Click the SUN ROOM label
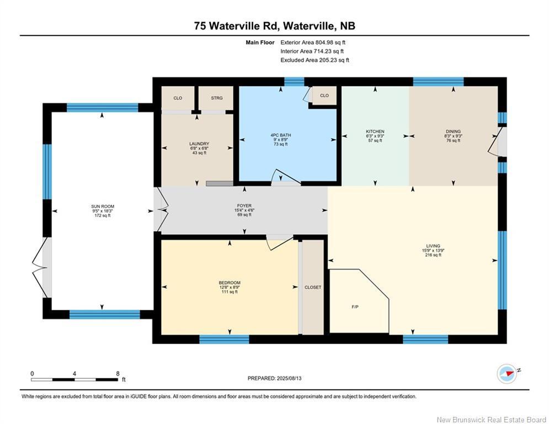click(x=103, y=206)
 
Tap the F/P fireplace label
click(x=355, y=307)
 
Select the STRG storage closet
click(x=217, y=98)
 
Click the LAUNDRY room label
click(x=199, y=144)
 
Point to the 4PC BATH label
click(x=281, y=135)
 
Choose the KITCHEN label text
click(x=375, y=131)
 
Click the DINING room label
click(x=454, y=131)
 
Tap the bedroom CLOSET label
click(x=313, y=287)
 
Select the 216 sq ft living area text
click(x=433, y=255)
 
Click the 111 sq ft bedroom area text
click(x=230, y=291)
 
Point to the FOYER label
click(x=244, y=206)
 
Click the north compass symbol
click(x=507, y=374)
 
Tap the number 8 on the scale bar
click(x=118, y=374)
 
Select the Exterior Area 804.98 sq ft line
click(x=313, y=43)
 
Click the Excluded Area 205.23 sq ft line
click(x=315, y=60)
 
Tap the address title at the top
click(x=275, y=26)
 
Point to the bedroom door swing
click(x=279, y=242)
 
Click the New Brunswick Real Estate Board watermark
click(x=491, y=420)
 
